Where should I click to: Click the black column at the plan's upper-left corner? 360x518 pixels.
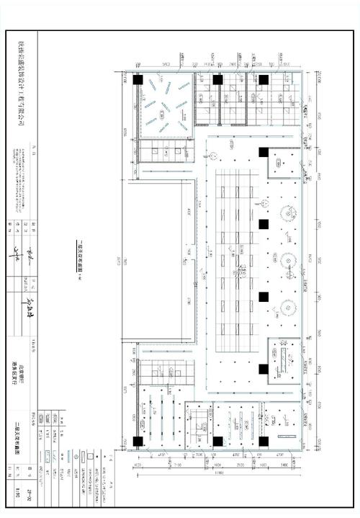pos(138,81)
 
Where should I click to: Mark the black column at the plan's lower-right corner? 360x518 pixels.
pos(264,441)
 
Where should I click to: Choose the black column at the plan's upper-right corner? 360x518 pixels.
pos(264,81)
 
